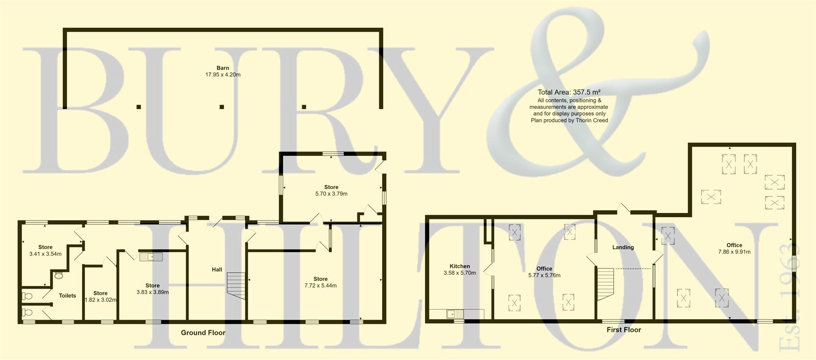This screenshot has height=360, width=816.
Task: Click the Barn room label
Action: tap(223, 68)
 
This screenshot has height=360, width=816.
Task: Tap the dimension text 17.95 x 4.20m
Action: tap(223, 75)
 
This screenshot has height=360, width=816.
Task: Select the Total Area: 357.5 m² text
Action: tap(569, 92)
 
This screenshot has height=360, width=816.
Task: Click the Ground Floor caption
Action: tap(203, 333)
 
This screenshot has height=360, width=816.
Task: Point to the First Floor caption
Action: tap(623, 330)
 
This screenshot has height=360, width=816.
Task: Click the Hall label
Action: tap(217, 269)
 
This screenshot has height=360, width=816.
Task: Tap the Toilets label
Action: tap(67, 296)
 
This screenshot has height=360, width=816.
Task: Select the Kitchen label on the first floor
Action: tap(459, 266)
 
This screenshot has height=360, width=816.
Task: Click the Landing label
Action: tap(623, 247)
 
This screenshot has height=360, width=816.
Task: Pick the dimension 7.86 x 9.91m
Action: tap(734, 252)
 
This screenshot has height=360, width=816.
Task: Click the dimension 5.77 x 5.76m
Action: tap(544, 275)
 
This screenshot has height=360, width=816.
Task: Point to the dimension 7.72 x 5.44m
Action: tap(320, 286)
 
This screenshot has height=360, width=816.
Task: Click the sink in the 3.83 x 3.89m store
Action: tap(151, 257)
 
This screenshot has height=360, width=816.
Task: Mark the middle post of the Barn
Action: tap(221, 107)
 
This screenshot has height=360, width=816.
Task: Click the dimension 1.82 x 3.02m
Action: tap(101, 300)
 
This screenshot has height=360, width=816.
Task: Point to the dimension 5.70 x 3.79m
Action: tap(331, 194)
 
